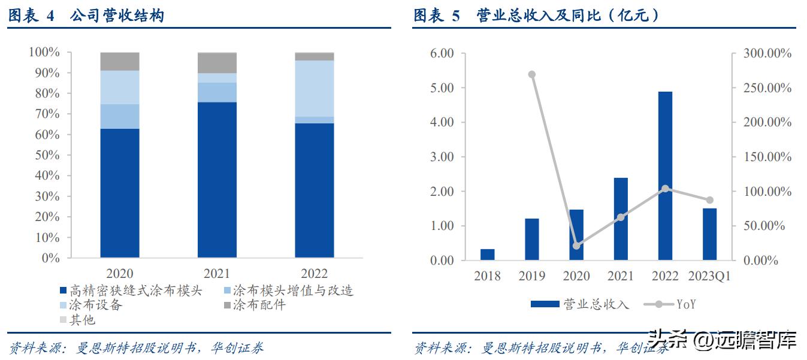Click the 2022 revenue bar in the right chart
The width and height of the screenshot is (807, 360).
pos(665,176)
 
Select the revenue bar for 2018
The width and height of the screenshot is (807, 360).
pos(488,255)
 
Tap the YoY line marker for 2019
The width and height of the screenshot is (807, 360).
pos(531,74)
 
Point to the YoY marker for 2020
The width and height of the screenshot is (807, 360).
pos(576,246)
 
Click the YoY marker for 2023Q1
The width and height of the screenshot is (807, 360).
pos(709,200)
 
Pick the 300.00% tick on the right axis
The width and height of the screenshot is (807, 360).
pos(767,53)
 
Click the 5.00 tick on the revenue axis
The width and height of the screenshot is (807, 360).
pos(443,88)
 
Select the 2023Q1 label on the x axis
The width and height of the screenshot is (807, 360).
pos(709,276)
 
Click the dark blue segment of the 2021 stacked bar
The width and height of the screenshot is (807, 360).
pos(217,180)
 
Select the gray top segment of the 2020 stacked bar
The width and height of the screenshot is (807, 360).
pos(120,61)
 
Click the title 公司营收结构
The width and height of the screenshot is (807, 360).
pos(117,16)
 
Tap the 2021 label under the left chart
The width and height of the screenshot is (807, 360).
pos(217,274)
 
